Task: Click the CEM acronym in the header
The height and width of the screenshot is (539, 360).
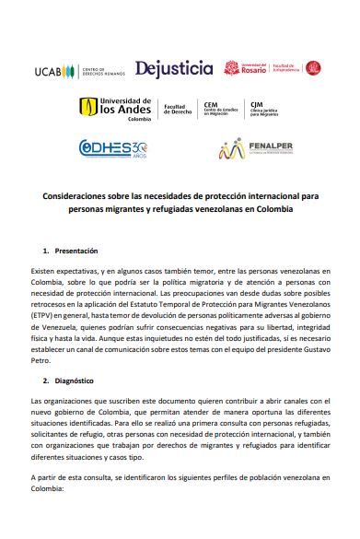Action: (210, 105)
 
